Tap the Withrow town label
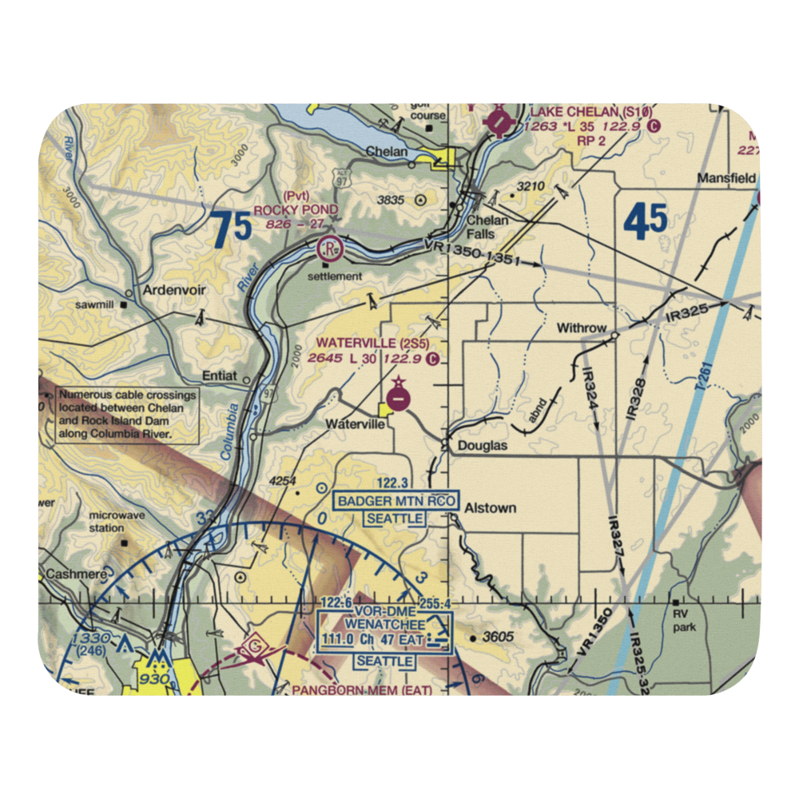coord(581,328)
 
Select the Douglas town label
coord(483,446)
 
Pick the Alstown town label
coord(491,507)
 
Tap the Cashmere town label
coord(70,574)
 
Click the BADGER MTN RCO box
coord(396,501)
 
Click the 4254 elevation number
coord(283,481)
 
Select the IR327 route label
coord(616,535)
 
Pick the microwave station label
coord(117,522)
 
